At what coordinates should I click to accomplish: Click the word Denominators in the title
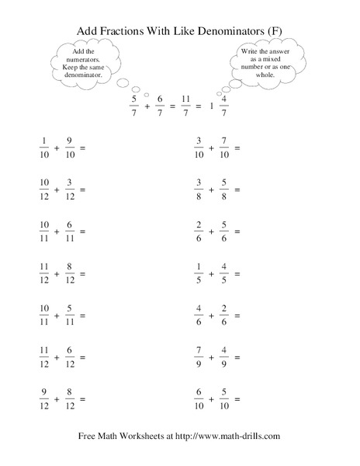pyautogui.click(x=225, y=30)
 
